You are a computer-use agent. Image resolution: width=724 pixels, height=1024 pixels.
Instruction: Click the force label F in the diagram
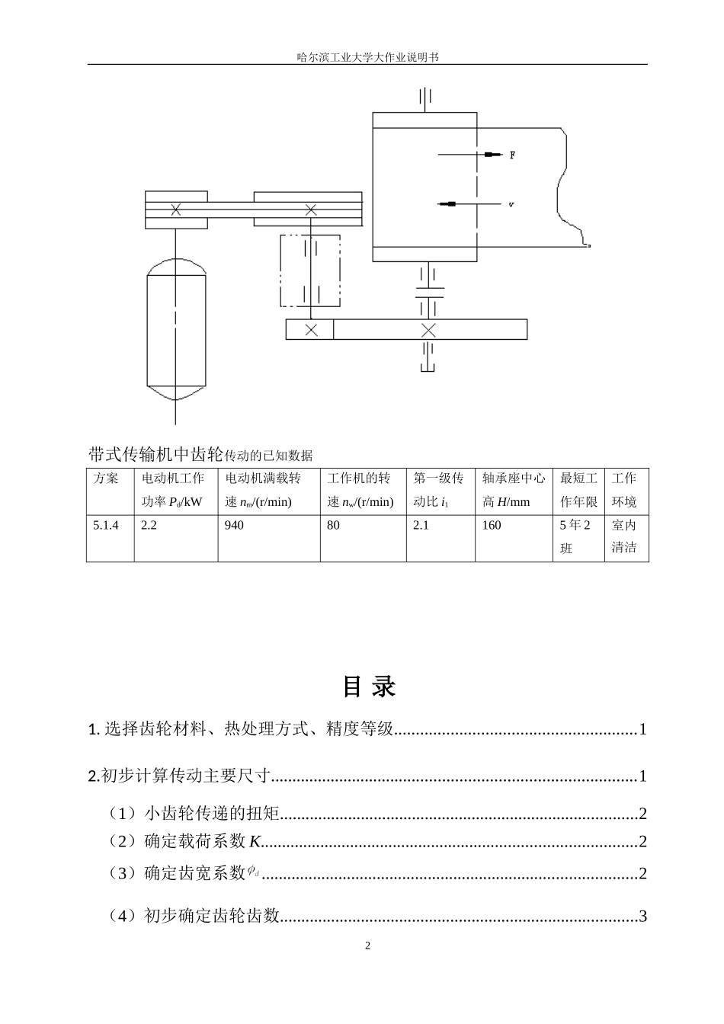[x=512, y=155]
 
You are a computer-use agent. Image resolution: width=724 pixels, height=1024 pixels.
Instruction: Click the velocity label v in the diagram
[x=511, y=204]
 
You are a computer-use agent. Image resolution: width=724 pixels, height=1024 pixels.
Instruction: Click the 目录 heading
[x=369, y=686]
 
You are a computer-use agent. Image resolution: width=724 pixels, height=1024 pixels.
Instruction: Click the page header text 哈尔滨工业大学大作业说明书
[x=367, y=57]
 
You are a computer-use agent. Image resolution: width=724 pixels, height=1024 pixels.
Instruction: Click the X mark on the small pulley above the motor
[x=176, y=209]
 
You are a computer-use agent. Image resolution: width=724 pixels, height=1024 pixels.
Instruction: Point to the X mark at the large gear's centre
[x=428, y=330]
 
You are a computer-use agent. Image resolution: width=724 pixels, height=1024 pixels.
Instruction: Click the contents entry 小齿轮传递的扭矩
[x=212, y=814]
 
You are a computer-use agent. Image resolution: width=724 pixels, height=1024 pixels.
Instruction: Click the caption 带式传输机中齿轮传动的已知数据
[x=200, y=455]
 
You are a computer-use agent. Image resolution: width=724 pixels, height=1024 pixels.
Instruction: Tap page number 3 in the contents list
[x=642, y=916]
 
